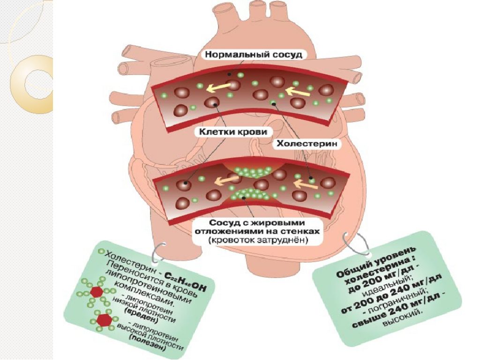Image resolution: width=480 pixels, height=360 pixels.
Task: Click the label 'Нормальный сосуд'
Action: click(x=253, y=54)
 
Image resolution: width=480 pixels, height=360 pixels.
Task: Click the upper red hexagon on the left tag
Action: click(x=97, y=292)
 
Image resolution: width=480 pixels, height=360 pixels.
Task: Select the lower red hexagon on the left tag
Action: click(x=104, y=320)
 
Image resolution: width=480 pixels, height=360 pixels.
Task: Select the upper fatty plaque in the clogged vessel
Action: click(x=251, y=170)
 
